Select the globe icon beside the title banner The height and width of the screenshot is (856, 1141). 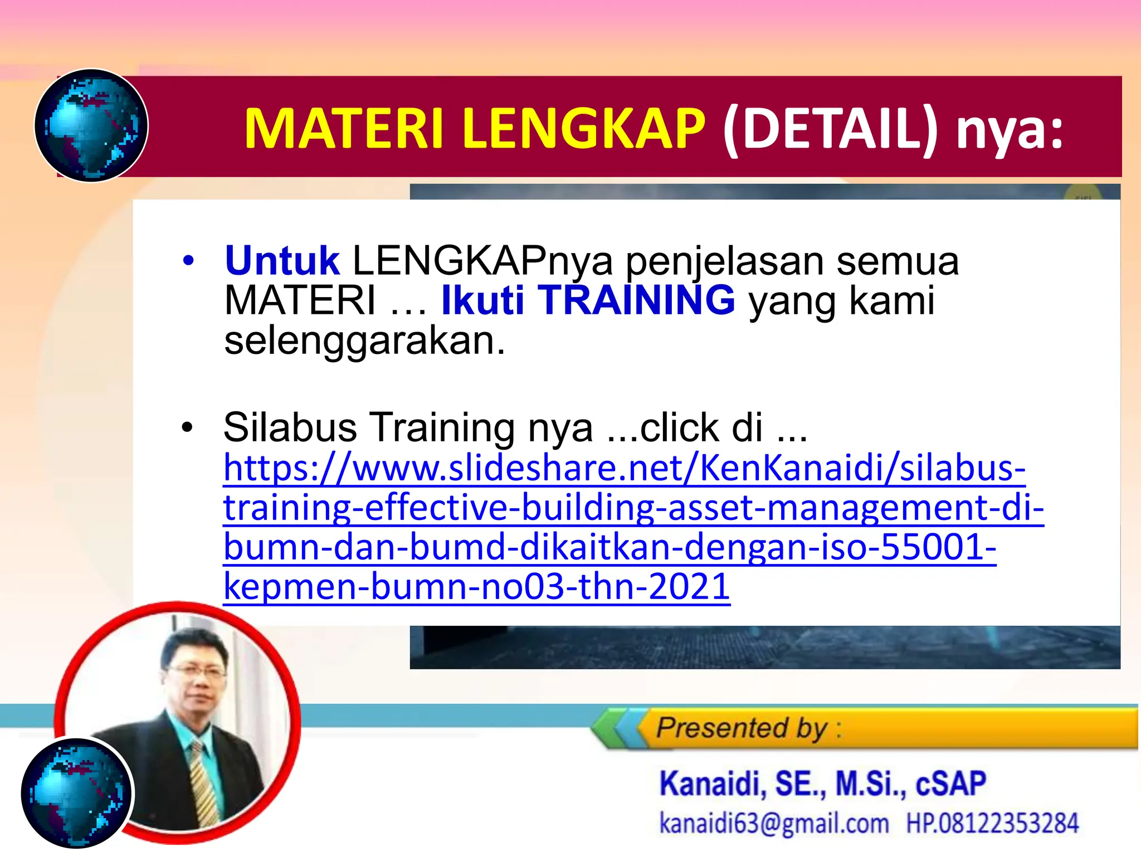click(x=91, y=125)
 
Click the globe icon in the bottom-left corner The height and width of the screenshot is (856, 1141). click(x=77, y=792)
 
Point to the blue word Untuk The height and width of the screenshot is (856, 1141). click(x=282, y=261)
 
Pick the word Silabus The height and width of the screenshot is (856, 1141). click(x=290, y=427)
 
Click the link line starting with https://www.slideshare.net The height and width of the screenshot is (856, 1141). click(x=624, y=468)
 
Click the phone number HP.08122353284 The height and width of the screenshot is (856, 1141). click(x=992, y=823)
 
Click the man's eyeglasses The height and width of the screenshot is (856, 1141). click(x=197, y=671)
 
